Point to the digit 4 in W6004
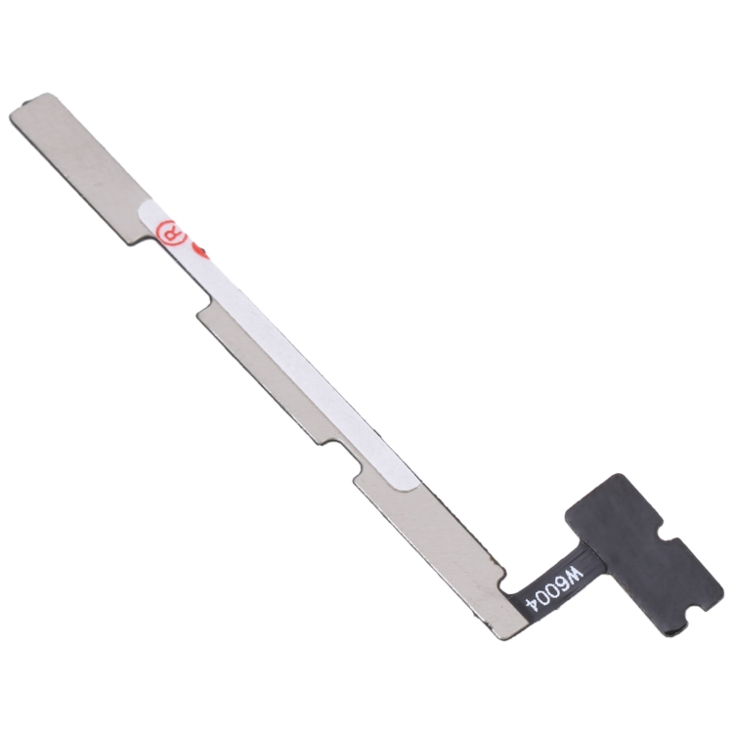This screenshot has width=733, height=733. pyautogui.click(x=535, y=604)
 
